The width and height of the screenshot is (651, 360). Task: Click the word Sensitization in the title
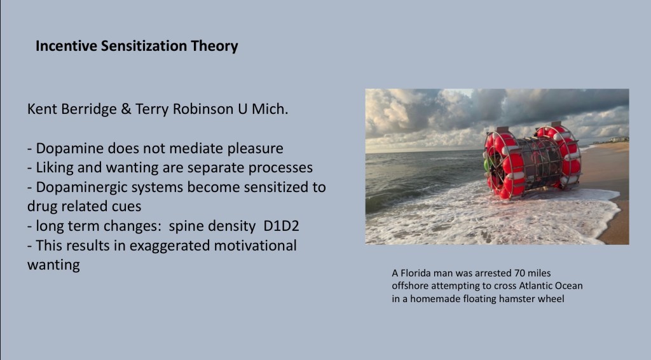coord(144,46)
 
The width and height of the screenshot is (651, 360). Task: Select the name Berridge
coord(89,109)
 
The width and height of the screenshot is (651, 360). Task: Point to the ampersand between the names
coord(126,109)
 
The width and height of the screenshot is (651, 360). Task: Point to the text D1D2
coord(281,226)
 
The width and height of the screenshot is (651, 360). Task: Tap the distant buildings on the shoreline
coord(618,140)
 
